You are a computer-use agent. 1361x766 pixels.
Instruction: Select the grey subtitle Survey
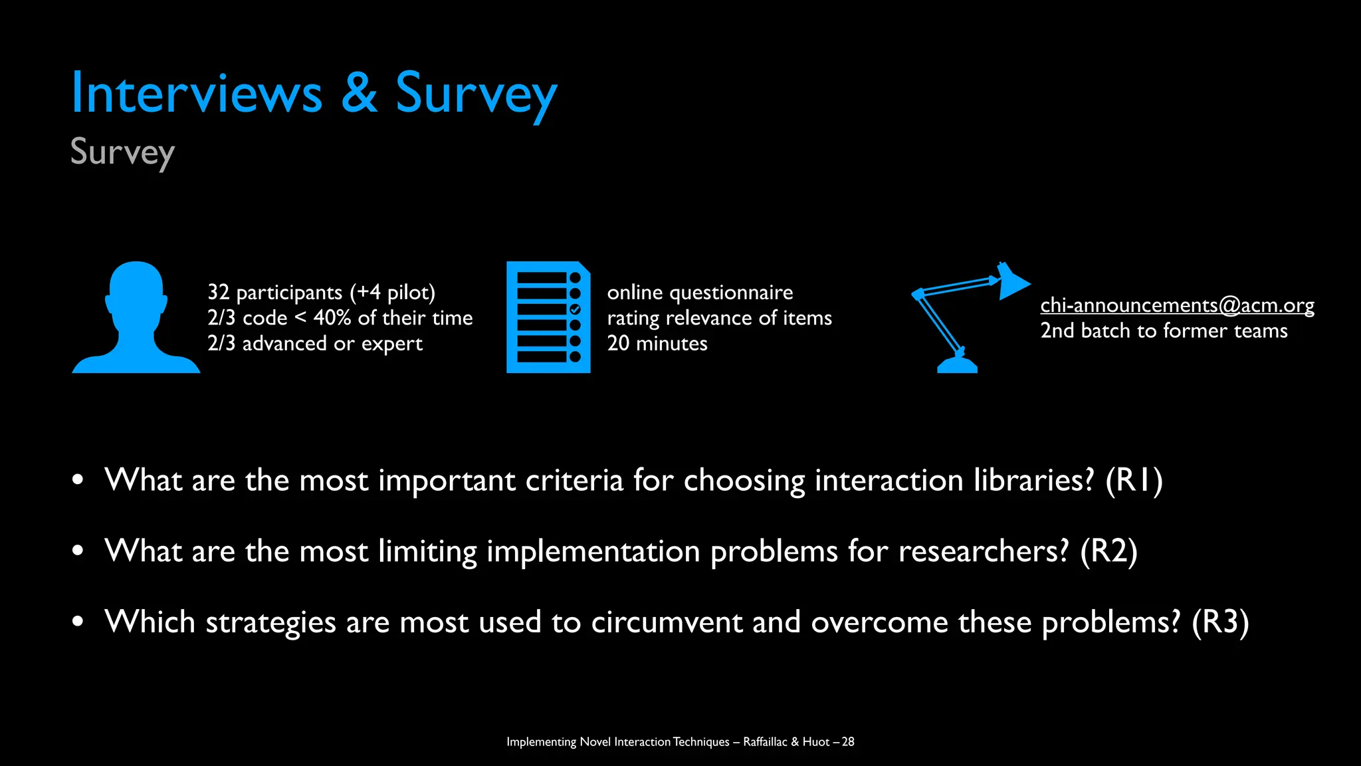(x=123, y=152)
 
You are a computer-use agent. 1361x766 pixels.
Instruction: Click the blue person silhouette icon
(x=136, y=318)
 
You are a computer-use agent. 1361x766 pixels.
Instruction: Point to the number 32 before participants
(x=218, y=292)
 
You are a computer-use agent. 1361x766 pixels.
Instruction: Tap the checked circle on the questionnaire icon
(x=576, y=309)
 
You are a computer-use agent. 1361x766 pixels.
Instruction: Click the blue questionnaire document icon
(x=548, y=317)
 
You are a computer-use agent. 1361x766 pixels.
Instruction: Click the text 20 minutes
(x=657, y=344)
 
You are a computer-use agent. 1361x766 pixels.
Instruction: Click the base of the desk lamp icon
(x=957, y=365)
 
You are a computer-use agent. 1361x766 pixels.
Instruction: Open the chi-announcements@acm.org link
(x=1177, y=305)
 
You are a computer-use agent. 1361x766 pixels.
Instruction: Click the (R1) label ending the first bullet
(x=1134, y=480)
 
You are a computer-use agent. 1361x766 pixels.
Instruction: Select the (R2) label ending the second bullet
(x=1108, y=551)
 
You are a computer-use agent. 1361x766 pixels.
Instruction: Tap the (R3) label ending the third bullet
(x=1220, y=622)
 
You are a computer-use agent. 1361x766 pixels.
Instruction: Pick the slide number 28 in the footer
(x=848, y=741)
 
